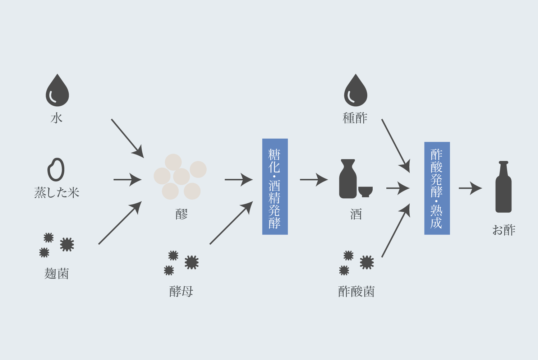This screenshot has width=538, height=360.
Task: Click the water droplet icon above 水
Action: [57, 91]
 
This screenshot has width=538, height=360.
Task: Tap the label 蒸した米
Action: [57, 193]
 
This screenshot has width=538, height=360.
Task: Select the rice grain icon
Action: [56, 169]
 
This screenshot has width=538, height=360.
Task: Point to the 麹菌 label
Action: [56, 274]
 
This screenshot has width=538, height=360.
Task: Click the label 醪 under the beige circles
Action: [181, 214]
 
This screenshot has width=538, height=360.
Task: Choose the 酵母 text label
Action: [181, 291]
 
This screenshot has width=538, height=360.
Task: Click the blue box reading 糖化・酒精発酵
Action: [275, 186]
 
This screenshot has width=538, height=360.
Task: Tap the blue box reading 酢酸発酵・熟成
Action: [437, 188]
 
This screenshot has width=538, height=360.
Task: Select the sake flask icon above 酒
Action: [348, 179]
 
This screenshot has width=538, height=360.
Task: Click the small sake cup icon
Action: [365, 191]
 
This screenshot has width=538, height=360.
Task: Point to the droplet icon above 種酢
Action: [355, 91]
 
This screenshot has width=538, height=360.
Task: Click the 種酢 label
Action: [355, 118]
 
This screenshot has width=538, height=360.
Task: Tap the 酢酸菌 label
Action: [356, 291]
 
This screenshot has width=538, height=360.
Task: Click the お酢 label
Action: [503, 230]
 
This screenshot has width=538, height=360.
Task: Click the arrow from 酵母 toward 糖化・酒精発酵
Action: [231, 223]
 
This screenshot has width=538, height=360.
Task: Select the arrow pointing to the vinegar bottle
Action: [470, 188]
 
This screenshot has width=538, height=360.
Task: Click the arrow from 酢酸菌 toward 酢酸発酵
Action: [396, 231]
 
